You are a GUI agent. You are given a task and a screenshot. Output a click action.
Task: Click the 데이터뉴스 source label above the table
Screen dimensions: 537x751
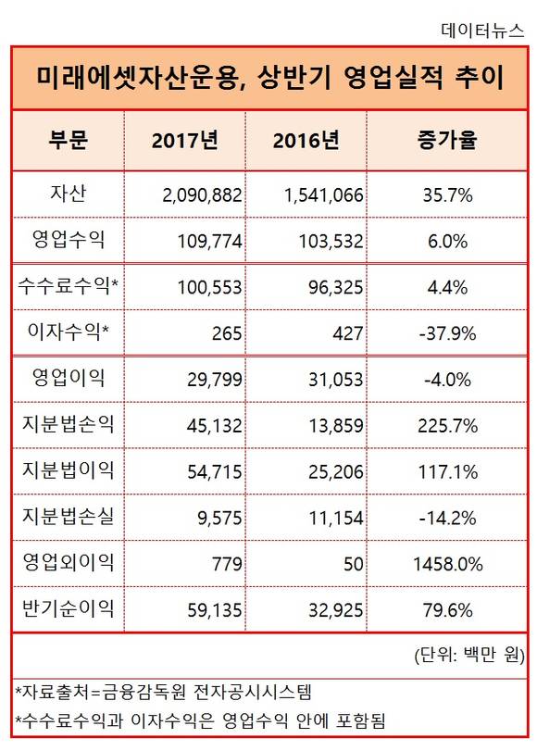click(x=482, y=31)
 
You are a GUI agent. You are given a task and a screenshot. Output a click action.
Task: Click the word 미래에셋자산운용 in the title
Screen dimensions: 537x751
click(x=136, y=78)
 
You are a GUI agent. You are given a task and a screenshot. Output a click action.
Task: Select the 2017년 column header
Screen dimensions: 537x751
click(x=185, y=141)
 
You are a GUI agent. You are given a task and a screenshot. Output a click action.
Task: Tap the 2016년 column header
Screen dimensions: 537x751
click(x=306, y=141)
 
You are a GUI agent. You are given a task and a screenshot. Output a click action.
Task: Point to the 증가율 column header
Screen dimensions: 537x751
click(x=447, y=140)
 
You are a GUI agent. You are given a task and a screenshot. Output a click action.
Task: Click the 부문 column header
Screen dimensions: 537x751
click(x=68, y=140)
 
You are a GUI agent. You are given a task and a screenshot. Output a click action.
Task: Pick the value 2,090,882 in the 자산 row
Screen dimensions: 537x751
click(x=202, y=195)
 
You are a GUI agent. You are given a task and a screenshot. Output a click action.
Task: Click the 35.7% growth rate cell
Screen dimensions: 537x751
click(x=447, y=195)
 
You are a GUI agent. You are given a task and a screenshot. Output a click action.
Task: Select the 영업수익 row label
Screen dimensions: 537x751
click(x=68, y=239)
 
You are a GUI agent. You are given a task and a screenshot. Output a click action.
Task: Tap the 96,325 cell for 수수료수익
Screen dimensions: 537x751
click(x=336, y=287)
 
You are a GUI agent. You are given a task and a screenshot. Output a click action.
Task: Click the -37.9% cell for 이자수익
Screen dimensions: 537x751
click(x=447, y=333)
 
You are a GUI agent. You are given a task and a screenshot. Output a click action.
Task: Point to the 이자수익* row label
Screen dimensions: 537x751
click(x=68, y=331)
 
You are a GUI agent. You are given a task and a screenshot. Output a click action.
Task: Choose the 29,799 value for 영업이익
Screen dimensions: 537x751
click(x=215, y=380)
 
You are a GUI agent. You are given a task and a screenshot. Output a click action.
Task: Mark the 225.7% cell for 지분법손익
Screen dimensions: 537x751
click(x=447, y=426)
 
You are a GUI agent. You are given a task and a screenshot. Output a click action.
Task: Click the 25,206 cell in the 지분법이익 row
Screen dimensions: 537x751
click(x=336, y=472)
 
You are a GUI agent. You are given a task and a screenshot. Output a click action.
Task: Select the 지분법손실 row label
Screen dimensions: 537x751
click(x=68, y=516)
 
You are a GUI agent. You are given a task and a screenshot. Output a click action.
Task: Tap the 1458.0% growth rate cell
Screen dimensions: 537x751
click(x=447, y=564)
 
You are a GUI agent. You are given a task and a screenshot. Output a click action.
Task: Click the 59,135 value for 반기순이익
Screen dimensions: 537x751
click(x=215, y=610)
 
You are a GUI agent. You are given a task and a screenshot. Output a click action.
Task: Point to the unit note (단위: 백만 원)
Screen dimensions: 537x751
click(x=469, y=655)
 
